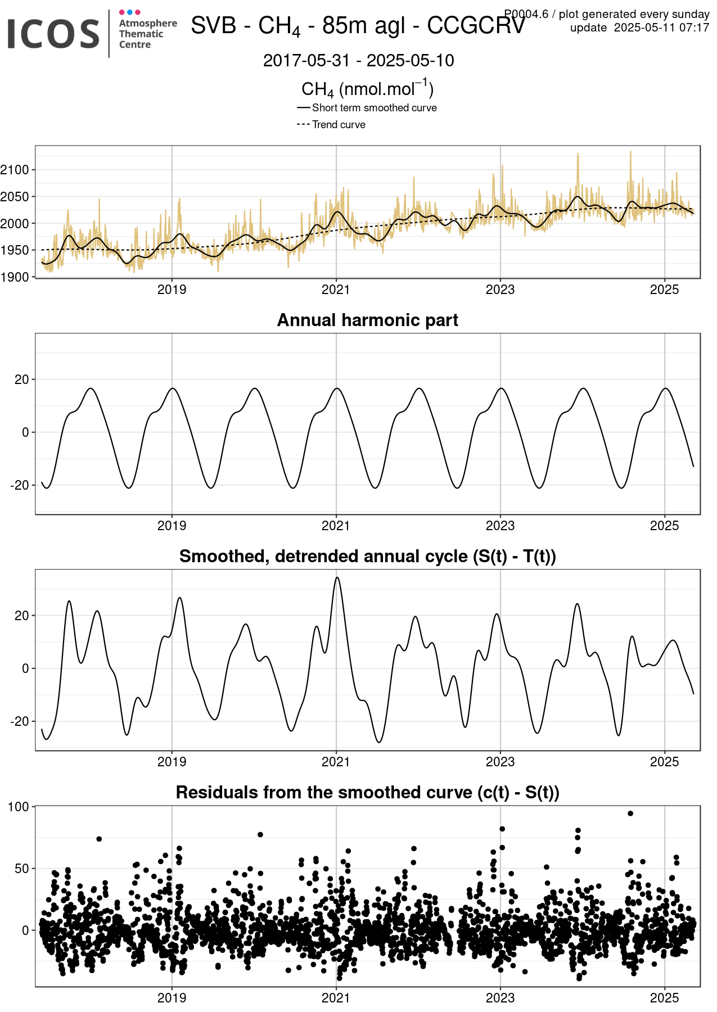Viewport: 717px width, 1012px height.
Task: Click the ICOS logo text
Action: coord(53,34)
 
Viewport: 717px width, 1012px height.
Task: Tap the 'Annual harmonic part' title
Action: coord(368,320)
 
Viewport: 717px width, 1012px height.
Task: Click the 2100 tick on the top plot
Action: coord(15,170)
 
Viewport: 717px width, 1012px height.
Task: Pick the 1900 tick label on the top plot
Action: coord(15,277)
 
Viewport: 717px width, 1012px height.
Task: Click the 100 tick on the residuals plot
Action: coord(19,807)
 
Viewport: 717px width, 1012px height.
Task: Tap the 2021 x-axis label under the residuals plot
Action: coord(336,998)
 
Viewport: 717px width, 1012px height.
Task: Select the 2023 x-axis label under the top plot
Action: coord(500,290)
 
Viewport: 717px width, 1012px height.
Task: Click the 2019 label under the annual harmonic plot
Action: coord(172,526)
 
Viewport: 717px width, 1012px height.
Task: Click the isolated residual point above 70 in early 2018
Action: coord(99,839)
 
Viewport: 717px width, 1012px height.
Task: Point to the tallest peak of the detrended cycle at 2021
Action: coord(337,577)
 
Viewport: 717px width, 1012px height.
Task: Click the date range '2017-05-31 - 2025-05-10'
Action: coord(359,61)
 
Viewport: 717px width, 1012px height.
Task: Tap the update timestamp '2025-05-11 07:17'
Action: coord(662,28)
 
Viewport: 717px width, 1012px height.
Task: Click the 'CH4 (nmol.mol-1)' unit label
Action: coord(368,88)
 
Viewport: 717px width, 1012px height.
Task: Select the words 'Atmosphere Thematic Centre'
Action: coord(148,34)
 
